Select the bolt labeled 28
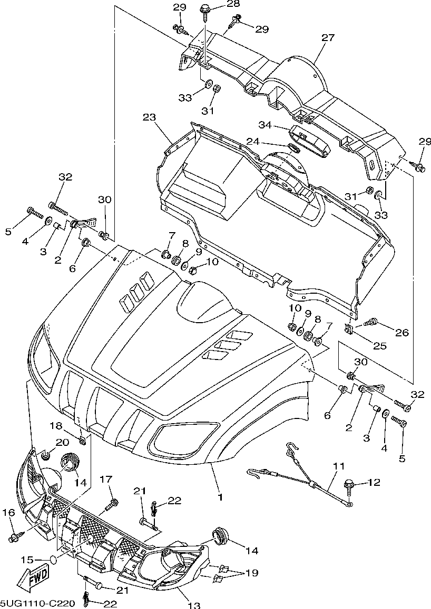coord(204,10)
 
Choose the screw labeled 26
coord(369,321)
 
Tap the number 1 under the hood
coord(220,496)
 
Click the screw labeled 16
coord(13,537)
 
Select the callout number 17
coord(106,479)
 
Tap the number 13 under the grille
coord(194,605)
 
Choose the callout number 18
coord(56,426)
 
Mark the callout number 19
coord(252,573)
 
